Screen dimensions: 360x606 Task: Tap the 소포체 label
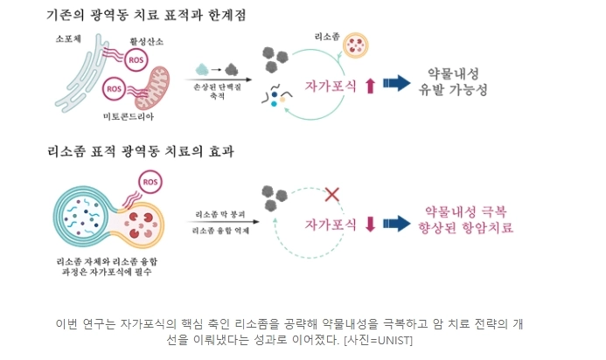coord(68,40)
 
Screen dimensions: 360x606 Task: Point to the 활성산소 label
coord(146,40)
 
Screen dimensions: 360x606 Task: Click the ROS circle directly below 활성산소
coord(136,60)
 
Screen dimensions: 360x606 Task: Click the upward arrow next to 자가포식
coord(369,85)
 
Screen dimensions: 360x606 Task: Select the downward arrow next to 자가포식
coord(369,224)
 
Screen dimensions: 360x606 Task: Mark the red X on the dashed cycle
coord(332,193)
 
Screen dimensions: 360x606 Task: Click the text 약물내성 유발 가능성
coord(453,81)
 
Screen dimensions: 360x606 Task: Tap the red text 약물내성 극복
coord(465,211)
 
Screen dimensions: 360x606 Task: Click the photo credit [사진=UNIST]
coord(378,339)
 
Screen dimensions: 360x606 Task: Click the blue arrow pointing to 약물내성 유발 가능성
coord(398,83)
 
